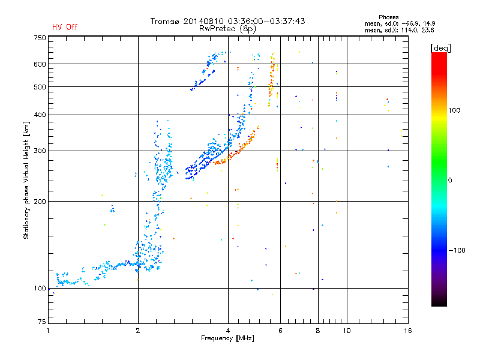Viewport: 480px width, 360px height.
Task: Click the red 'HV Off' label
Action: pyautogui.click(x=65, y=27)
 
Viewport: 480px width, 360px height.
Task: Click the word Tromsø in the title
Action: pyautogui.click(x=167, y=21)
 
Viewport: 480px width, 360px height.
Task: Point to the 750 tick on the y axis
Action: pyautogui.click(x=40, y=38)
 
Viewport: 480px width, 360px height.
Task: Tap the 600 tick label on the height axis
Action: pyautogui.click(x=40, y=64)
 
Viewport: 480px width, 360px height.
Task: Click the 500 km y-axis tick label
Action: pyautogui.click(x=40, y=87)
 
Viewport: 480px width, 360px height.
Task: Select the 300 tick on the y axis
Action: pyautogui.click(x=40, y=151)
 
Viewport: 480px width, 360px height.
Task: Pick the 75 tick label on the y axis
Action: pyautogui.click(x=41, y=322)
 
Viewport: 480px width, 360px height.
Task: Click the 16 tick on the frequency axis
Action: pyautogui.click(x=407, y=331)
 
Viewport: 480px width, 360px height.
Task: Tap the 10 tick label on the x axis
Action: pyautogui.click(x=347, y=331)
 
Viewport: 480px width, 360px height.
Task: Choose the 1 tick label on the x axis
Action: pyautogui.click(x=49, y=331)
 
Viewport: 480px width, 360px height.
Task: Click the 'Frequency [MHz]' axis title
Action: pyautogui.click(x=227, y=339)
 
